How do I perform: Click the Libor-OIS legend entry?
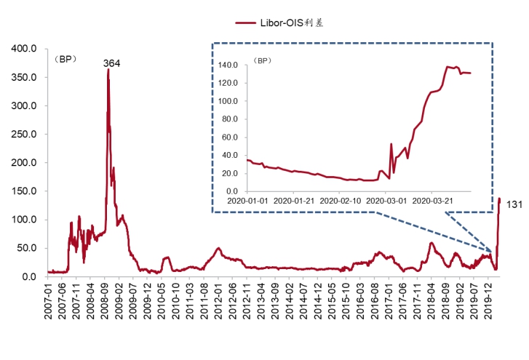[279, 23]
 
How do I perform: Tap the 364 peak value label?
[111, 63]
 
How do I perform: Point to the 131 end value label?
[514, 204]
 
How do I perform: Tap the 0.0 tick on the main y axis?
[29, 276]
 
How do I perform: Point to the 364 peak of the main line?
[108, 71]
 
